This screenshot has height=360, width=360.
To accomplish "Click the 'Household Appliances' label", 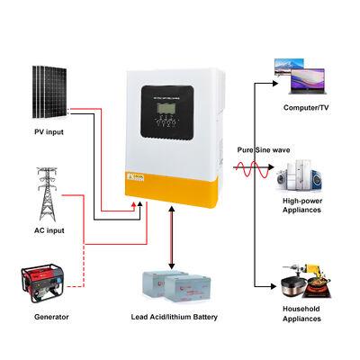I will tap(303, 317).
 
